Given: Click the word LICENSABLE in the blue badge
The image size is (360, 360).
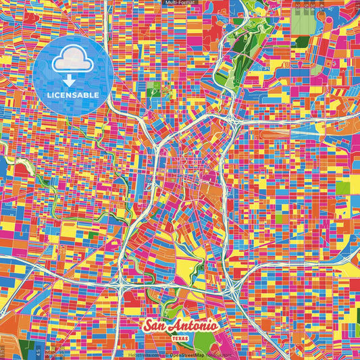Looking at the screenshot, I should click(73, 95).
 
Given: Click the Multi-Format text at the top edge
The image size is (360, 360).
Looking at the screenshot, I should click(180, 3).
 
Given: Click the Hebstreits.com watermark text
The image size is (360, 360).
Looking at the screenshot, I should click(143, 355).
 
